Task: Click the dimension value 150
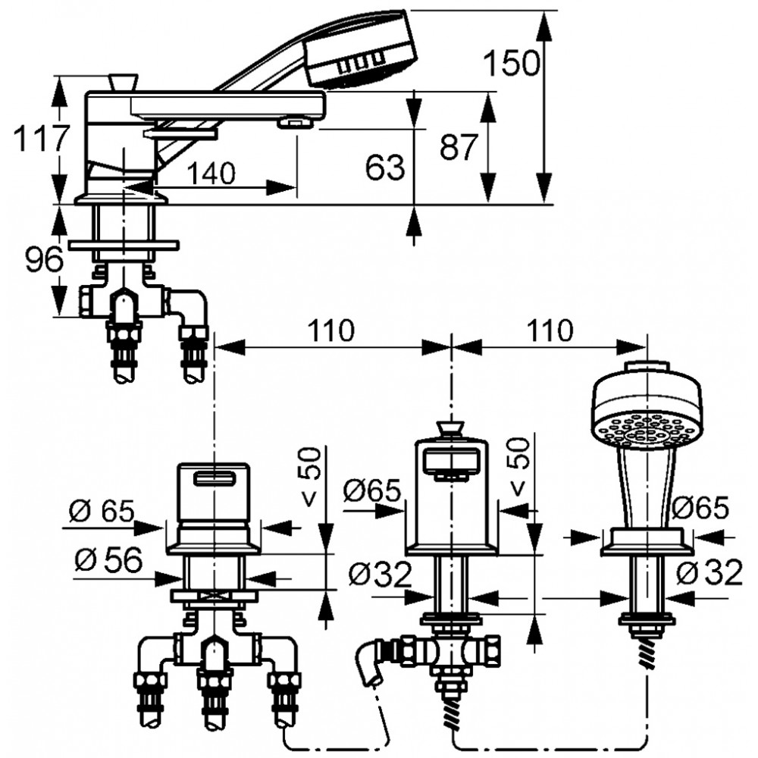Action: pos(512,63)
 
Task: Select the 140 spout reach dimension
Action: pos(211,173)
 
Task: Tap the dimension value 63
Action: pos(385,168)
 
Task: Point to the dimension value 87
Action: pos(459,146)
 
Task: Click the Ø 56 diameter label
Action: pos(108,561)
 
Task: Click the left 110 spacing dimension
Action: pos(331,330)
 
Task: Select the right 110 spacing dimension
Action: pos(550,330)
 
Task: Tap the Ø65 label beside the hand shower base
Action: pos(700,508)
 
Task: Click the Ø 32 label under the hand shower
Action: pos(709,573)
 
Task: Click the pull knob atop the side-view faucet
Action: pos(123,82)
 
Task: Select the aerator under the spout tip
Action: pos(295,124)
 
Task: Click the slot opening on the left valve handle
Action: pos(215,478)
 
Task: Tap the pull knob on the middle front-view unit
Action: pos(451,431)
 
